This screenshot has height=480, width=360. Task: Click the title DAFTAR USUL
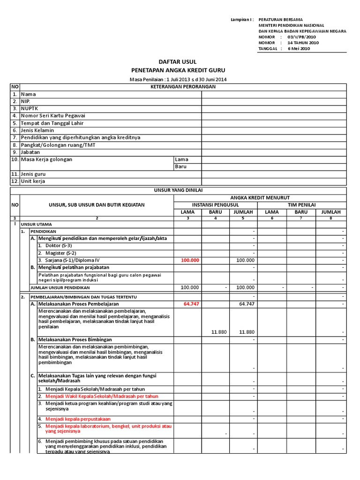tap(178, 62)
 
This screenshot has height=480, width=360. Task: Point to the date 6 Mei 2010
tap(299, 48)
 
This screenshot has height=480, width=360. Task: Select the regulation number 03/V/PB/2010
tap(306, 37)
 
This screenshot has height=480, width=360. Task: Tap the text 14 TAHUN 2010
tap(303, 43)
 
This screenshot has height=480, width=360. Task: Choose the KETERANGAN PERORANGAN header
tap(183, 87)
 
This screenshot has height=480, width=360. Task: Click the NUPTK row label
tap(29, 108)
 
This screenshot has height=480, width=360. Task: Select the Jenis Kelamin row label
tap(37, 130)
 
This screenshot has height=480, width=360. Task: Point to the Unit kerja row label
tap(33, 181)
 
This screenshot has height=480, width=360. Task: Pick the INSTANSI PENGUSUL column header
tap(216, 205)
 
